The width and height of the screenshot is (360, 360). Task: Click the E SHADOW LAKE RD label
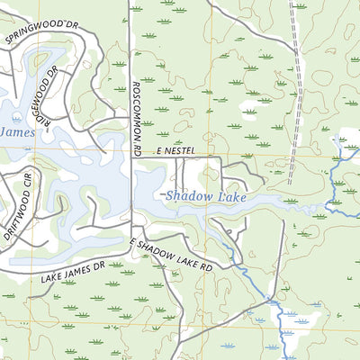[x=171, y=255]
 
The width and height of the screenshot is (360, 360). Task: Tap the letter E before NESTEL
[x=158, y=152]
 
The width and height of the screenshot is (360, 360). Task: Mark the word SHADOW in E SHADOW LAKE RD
[x=163, y=252]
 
